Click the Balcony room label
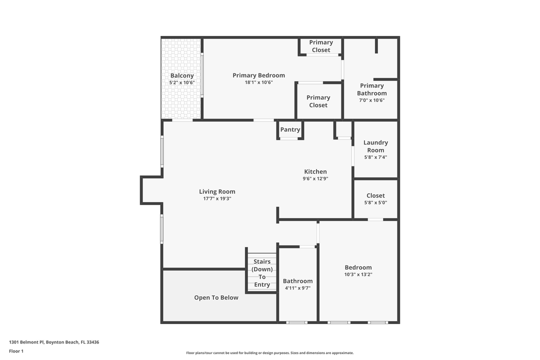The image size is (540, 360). coord(182,75)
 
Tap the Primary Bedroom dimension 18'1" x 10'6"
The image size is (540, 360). coord(258,82)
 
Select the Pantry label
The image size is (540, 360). coord(290,129)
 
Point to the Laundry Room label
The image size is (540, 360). coord(375,146)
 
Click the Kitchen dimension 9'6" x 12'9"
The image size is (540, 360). coord(315,178)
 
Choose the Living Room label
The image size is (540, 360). coord(217,191)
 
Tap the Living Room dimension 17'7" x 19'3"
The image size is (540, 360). coord(217,198)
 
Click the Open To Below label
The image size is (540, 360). coord(216,297)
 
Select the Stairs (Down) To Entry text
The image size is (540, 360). coord(262,273)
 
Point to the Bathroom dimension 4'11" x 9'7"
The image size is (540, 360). coord(297,288)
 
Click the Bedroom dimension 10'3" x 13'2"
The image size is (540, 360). coord(358,274)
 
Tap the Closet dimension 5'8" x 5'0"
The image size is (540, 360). coord(375,202)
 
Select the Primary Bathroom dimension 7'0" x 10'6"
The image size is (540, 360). coord(371,100)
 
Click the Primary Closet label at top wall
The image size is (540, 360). coord(321,46)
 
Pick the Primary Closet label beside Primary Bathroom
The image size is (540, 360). coord(318,101)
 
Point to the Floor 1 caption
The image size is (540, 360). coord(16,351)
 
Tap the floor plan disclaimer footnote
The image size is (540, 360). coord(270,352)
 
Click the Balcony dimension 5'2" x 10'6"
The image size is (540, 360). coord(182,82)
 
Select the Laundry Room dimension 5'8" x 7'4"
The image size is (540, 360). coord(375,157)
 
